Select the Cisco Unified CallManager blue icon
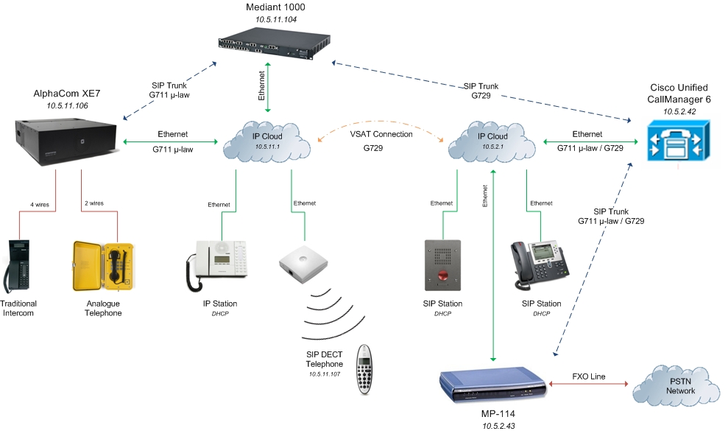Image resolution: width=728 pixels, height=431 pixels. click(x=674, y=142)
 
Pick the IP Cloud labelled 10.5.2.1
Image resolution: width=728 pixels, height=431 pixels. click(x=492, y=141)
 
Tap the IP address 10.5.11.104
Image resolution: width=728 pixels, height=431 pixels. click(x=276, y=19)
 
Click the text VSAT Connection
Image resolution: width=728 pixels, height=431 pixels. click(x=383, y=134)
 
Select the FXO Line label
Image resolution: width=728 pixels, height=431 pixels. click(x=589, y=376)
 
